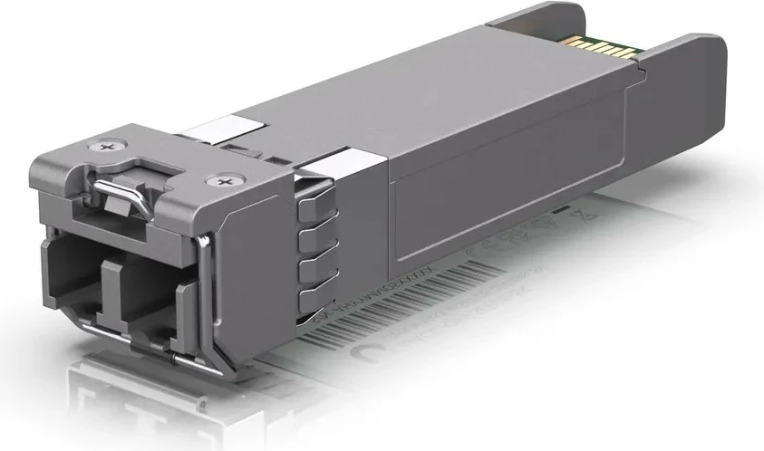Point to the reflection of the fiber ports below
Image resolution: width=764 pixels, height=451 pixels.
tap(136, 398)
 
